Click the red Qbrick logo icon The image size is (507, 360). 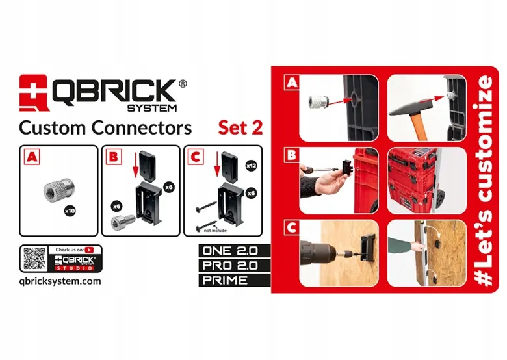[x=34, y=93]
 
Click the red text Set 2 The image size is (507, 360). [x=240, y=127]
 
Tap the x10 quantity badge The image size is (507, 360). [x=70, y=211]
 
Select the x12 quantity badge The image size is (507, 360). [x=252, y=166]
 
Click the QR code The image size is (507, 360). [x=34, y=259]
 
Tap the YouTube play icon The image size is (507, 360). [x=89, y=250]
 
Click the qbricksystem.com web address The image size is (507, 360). [x=60, y=281]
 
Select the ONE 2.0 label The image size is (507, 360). [x=230, y=251]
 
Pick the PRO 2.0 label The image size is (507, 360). [x=230, y=266]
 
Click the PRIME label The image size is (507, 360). [x=225, y=280]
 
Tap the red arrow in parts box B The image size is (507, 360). [x=135, y=165]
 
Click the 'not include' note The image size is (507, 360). [x=215, y=231]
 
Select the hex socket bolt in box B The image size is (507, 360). [x=123, y=222]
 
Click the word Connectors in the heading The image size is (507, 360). [x=142, y=127]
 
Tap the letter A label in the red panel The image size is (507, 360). [x=292, y=83]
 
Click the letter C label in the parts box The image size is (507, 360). [x=195, y=157]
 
